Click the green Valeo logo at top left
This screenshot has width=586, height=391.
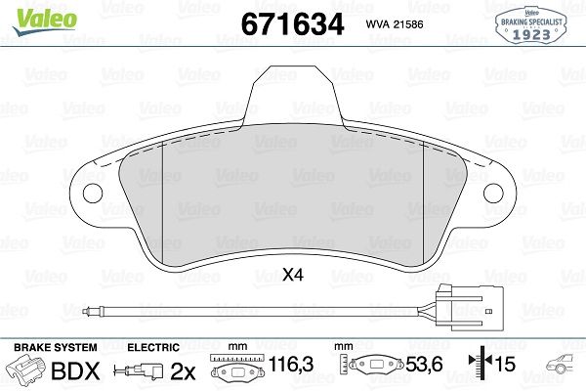(30, 15)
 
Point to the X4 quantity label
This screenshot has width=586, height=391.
(292, 277)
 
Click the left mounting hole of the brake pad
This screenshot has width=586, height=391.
(95, 192)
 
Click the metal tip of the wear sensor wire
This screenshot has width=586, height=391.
(90, 312)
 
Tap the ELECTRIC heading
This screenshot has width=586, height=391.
(153, 348)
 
